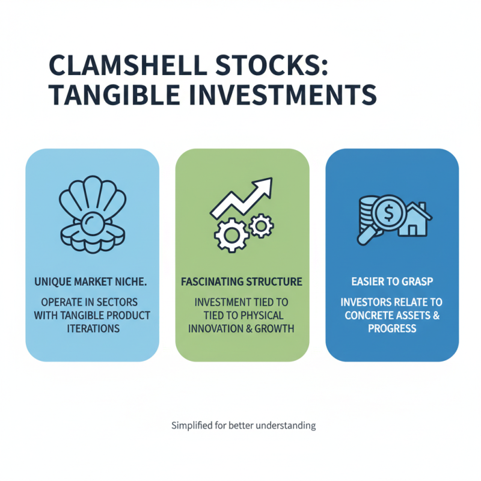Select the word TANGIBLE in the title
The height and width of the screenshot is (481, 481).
click(x=115, y=96)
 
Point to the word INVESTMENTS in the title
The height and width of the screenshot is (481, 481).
click(x=283, y=96)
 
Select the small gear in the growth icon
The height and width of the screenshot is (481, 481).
click(x=261, y=226)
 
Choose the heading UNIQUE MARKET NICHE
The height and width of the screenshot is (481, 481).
click(x=92, y=281)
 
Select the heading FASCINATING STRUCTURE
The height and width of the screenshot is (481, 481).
click(x=242, y=281)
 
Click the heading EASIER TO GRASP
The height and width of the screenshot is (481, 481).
click(x=392, y=281)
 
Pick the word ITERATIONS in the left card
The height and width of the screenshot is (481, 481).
click(x=92, y=329)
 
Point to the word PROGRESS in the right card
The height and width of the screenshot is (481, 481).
click(x=392, y=329)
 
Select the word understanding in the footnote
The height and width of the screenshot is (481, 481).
click(x=286, y=426)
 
